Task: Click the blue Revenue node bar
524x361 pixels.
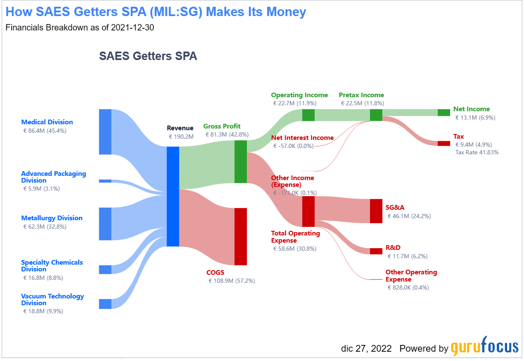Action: point(173,196)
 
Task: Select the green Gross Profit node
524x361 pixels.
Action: point(240,161)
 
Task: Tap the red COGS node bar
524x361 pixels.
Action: point(240,236)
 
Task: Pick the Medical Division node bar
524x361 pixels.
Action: point(105,131)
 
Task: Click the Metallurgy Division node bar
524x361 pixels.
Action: point(105,224)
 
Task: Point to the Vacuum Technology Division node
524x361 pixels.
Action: point(105,304)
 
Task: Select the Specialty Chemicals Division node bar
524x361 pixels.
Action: point(105,269)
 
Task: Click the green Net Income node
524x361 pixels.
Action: point(444,112)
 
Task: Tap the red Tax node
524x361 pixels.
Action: point(444,143)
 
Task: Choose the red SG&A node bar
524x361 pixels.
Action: point(376,211)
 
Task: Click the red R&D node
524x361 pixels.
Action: point(376,251)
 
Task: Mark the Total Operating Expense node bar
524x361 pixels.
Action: point(308,211)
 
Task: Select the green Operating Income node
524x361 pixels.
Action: point(308,115)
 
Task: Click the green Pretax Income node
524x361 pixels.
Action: point(376,115)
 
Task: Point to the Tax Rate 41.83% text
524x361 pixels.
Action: point(477,152)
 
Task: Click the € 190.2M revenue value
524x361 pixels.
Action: point(181,137)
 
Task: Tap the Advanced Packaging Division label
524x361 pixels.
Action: point(54,177)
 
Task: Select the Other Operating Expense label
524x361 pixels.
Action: point(411,276)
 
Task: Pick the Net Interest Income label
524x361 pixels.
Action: point(302,138)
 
